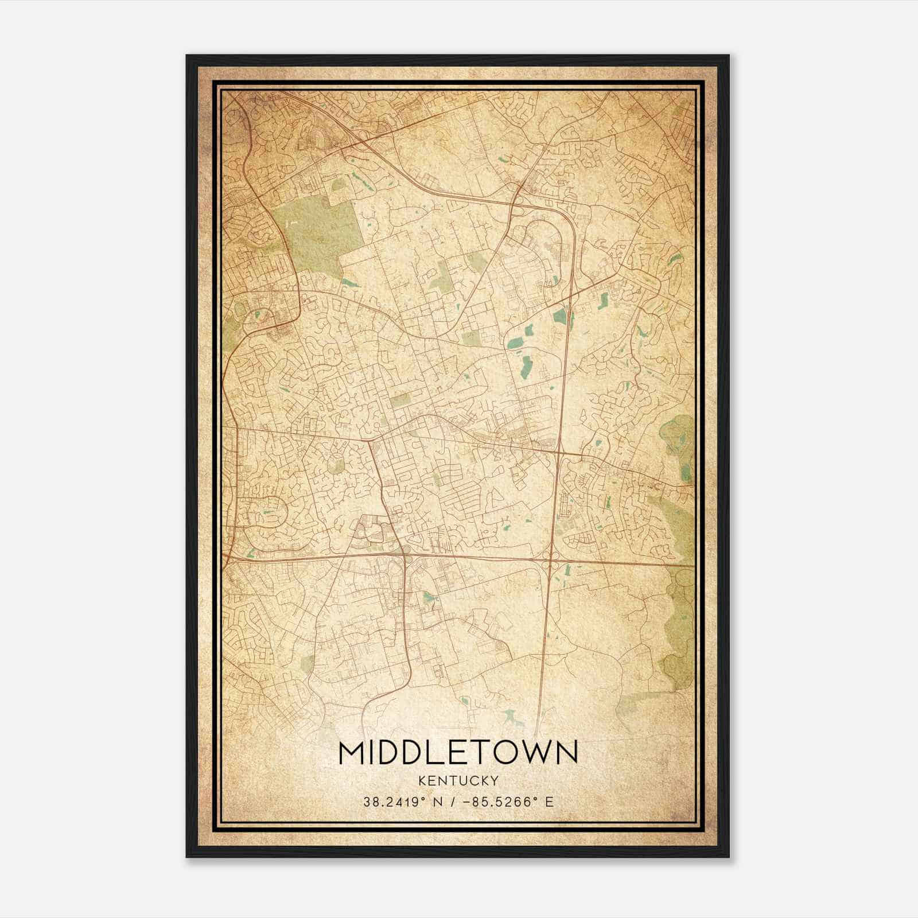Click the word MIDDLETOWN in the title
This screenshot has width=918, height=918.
tap(458, 753)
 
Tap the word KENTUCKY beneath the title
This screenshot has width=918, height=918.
tap(458, 780)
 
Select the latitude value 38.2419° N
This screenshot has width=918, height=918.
tap(402, 802)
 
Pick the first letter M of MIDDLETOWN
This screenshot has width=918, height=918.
tap(351, 753)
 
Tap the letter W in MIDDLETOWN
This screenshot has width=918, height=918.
tap(535, 753)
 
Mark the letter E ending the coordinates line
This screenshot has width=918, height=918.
tap(550, 802)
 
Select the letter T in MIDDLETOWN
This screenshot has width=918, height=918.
tap(484, 753)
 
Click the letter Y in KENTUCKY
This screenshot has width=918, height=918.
tap(494, 780)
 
